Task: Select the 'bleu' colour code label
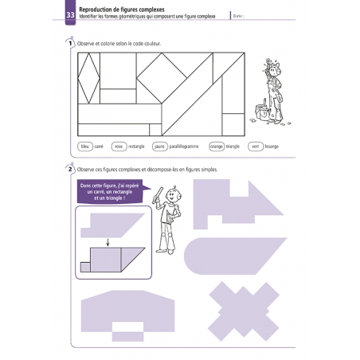[85, 147]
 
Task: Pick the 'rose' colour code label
[119, 147]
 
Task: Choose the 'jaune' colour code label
[159, 147]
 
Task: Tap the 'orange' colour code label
[217, 147]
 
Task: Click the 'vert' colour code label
[256, 147]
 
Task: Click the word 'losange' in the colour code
[272, 147]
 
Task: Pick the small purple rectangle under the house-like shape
[127, 327]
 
